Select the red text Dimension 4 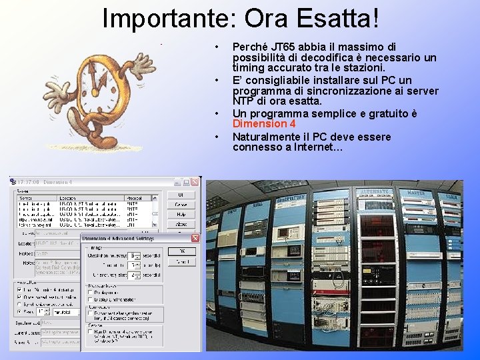click(x=264, y=124)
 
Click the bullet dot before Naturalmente click(x=217, y=137)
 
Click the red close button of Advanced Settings click(x=195, y=238)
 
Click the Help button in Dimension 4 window click(x=181, y=215)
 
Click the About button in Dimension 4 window click(x=181, y=225)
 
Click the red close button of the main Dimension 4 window click(x=195, y=181)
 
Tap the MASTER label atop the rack click(x=415, y=193)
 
